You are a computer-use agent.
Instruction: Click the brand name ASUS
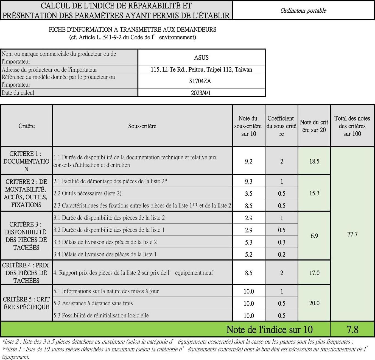tap(201, 57)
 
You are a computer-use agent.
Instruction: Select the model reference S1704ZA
tap(200, 81)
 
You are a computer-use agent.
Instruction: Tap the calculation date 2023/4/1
tap(201, 93)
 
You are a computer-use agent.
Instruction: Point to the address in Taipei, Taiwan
tap(201, 70)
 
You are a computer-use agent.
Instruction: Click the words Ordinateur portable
tap(303, 11)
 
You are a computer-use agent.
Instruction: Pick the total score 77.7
tap(352, 234)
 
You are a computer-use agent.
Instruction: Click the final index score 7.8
tap(352, 329)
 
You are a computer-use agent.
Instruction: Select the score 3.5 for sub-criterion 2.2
tap(248, 193)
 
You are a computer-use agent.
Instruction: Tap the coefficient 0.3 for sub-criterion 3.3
tap(281, 242)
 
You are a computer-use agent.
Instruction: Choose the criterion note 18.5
tap(314, 161)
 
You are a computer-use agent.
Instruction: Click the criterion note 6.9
tap(314, 236)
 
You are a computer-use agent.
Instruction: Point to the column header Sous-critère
tap(142, 126)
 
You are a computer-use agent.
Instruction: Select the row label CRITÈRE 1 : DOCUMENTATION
tap(26, 161)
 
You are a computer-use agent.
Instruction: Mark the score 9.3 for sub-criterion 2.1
tap(248, 181)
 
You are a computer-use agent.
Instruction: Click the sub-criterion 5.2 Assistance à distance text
tap(93, 303)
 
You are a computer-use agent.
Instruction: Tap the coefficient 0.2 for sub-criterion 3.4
tap(281, 254)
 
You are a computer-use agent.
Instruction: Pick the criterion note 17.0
tap(314, 273)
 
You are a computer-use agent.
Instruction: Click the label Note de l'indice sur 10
tap(269, 329)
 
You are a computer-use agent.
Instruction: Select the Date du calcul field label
tap(18, 93)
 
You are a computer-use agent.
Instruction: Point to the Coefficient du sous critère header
tap(281, 126)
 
